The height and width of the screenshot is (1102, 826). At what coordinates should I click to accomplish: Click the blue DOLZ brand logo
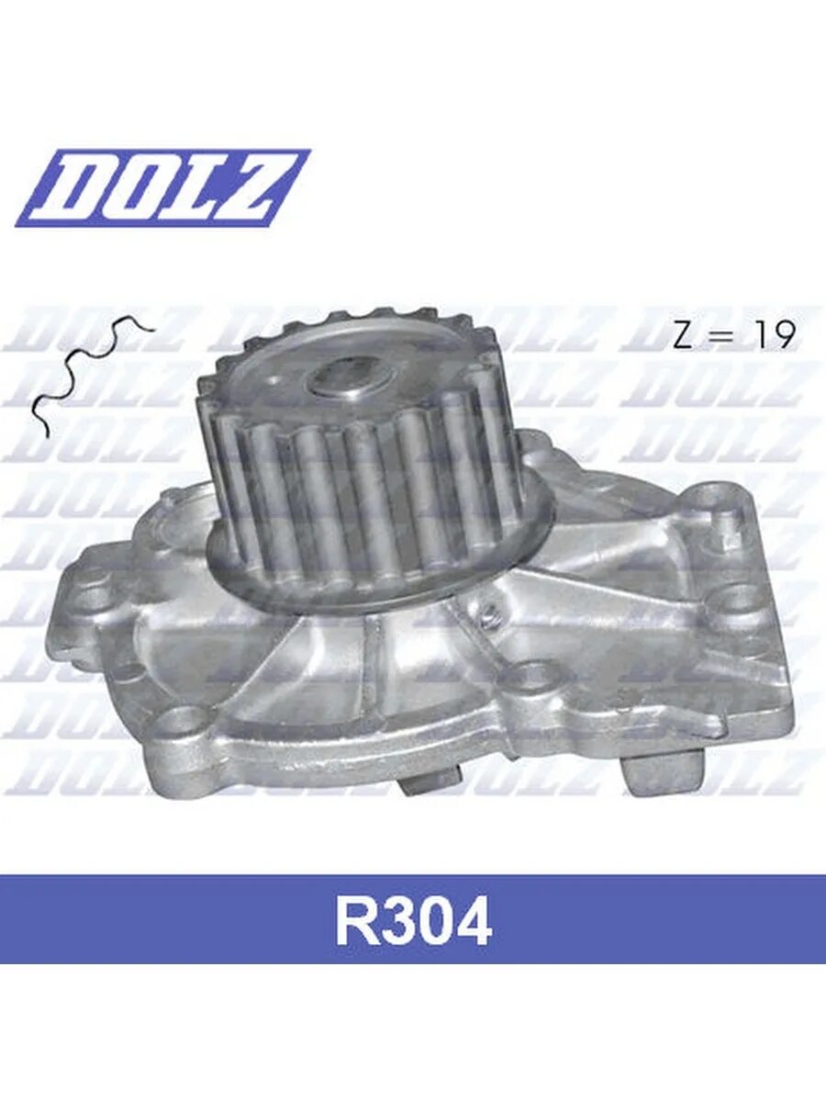162,187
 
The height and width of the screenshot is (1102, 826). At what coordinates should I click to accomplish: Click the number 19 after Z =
774,335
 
